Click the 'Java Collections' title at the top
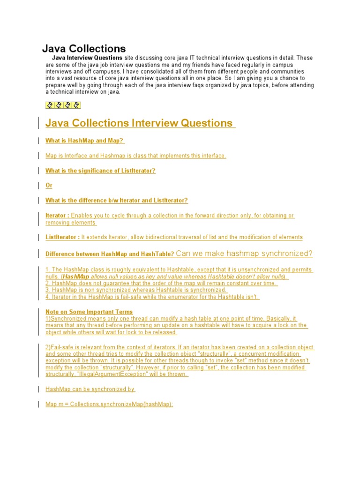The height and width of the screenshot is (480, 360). (84, 48)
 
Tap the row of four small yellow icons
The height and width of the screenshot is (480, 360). (63, 105)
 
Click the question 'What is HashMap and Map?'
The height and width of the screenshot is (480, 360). (85, 141)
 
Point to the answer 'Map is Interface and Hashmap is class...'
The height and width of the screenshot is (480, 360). (135, 156)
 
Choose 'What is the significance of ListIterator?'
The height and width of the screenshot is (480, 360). (100, 171)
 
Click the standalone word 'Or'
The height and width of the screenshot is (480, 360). (49, 186)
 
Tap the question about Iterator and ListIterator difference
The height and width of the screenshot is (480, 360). (116, 201)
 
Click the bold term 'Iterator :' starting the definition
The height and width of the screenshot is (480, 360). (57, 216)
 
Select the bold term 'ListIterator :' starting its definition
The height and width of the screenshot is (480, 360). (62, 237)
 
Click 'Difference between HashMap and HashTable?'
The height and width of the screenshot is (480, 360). (110, 254)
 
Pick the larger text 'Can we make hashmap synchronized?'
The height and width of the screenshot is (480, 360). (244, 254)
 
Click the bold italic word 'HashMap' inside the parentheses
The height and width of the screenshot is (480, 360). (76, 277)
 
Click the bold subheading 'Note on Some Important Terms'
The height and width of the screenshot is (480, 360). (89, 312)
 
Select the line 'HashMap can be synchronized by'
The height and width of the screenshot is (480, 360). (90, 389)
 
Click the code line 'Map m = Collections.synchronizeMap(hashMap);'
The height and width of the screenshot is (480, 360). (109, 404)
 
